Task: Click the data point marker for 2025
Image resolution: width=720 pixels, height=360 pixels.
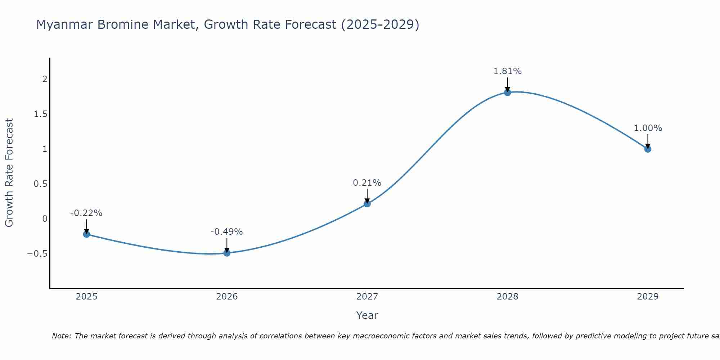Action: coord(86,234)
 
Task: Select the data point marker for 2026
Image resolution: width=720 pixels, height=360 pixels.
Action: coord(227,253)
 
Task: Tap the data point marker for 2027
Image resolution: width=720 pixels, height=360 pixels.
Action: coord(367,204)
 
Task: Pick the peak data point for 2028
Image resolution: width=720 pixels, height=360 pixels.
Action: coord(507,92)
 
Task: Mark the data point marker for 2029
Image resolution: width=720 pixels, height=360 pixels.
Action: coord(648,149)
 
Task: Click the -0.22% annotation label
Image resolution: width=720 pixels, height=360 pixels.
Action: coord(86,213)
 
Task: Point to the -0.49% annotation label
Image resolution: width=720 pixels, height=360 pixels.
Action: coord(227,232)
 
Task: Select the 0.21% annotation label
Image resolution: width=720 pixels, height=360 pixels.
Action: coord(367,183)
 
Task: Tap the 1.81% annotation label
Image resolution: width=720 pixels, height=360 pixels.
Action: coord(507,71)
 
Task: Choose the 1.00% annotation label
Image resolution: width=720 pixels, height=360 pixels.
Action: coord(648,128)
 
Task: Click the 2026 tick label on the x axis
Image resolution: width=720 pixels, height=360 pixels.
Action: coord(227,297)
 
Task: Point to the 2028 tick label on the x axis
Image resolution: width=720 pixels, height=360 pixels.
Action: coord(507,297)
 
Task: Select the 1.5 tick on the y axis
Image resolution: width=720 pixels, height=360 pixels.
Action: coord(41,114)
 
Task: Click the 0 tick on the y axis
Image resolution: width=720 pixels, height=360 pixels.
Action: coord(45,219)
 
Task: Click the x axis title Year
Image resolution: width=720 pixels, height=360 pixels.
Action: coord(367,315)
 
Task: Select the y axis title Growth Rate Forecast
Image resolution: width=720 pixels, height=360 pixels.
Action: coord(9,173)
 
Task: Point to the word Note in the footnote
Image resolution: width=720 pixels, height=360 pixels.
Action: coord(62,336)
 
